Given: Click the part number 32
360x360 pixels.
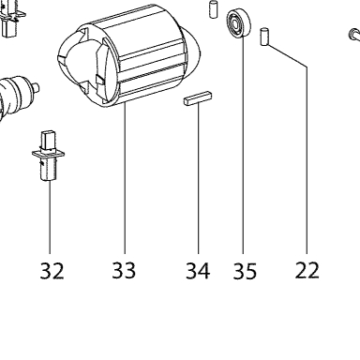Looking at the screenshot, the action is (52, 271).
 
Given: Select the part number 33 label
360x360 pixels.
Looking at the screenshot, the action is (124, 270).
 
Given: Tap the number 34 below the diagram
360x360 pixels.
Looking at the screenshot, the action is (198, 271).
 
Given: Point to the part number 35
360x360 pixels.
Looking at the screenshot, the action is (245, 271).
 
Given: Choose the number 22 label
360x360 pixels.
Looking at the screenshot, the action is (307, 270).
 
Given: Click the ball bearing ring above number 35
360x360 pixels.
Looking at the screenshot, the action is (239, 22).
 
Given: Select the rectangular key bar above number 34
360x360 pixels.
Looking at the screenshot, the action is (198, 98).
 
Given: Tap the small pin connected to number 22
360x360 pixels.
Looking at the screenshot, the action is (264, 37).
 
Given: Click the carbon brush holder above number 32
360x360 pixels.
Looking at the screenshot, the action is (49, 156).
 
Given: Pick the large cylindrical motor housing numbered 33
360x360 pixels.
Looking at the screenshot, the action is (128, 56).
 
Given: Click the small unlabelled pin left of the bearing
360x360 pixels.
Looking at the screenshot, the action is (213, 9).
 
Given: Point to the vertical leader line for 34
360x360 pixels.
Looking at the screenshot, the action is (198, 178).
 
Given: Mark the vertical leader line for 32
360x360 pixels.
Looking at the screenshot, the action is (50, 217).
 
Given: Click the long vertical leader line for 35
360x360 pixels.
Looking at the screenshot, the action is (243, 145).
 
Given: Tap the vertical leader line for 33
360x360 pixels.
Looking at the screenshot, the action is (125, 179).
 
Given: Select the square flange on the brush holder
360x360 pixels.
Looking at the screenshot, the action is (49, 154).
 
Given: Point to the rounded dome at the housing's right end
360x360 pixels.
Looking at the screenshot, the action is (191, 47).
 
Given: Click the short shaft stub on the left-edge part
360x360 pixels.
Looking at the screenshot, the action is (37, 86).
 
